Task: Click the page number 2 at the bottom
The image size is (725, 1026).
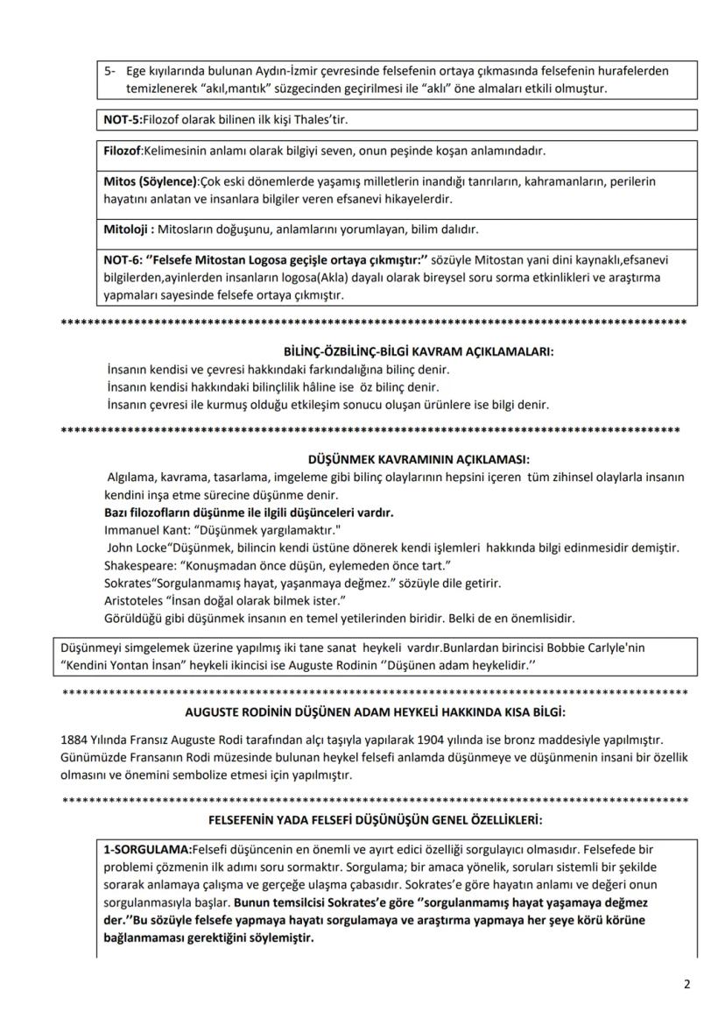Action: pyautogui.click(x=686, y=984)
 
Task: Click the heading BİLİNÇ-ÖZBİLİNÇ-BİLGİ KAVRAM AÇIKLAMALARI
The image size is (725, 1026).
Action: pyautogui.click(x=418, y=352)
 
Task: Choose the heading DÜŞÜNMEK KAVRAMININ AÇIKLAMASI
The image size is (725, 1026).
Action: pyautogui.click(x=419, y=459)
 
